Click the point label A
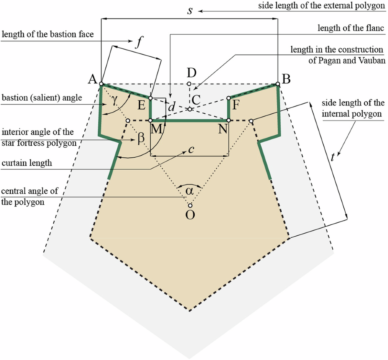pyautogui.click(x=93, y=79)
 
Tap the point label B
pyautogui.click(x=286, y=79)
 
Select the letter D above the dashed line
pyautogui.click(x=191, y=73)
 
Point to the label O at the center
pyautogui.click(x=190, y=215)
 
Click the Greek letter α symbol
pyautogui.click(x=190, y=191)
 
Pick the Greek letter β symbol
pyautogui.click(x=141, y=140)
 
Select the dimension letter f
pyautogui.click(x=139, y=42)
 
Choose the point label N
pyautogui.click(x=223, y=129)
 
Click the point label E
pyautogui.click(x=142, y=105)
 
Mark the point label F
pyautogui.click(x=237, y=105)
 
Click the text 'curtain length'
pyautogui.click(x=27, y=163)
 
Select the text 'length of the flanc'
pyautogui.click(x=351, y=28)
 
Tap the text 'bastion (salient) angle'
pyautogui.click(x=42, y=98)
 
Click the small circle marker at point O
pyautogui.click(x=190, y=205)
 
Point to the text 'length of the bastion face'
pyautogui.click(x=48, y=34)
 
